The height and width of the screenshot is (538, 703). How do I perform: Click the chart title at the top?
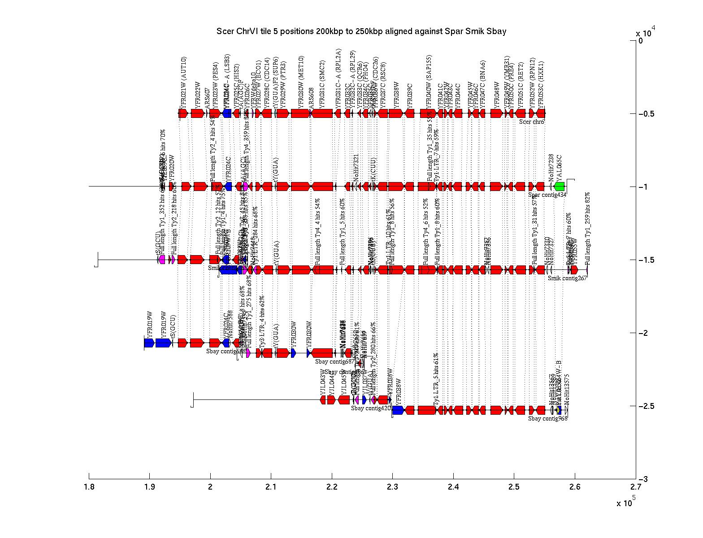(x=361, y=31)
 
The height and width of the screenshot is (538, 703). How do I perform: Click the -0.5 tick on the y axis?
(x=635, y=114)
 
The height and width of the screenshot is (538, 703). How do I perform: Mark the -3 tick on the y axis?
(x=635, y=479)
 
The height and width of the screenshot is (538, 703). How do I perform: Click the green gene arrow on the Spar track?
(x=559, y=187)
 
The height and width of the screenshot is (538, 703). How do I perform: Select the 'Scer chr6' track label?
(x=532, y=121)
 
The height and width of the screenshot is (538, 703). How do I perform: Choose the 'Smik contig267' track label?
(x=567, y=278)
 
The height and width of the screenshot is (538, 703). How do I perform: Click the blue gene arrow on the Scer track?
(x=227, y=113)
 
